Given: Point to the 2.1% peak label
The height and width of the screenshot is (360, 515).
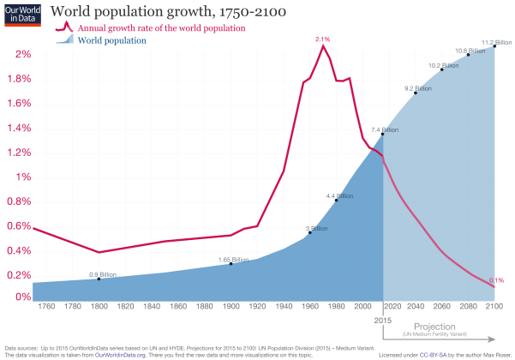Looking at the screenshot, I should pyautogui.click(x=323, y=39).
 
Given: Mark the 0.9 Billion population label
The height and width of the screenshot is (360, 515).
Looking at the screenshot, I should pyautogui.click(x=103, y=274).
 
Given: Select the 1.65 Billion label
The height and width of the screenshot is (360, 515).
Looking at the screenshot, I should pyautogui.click(x=233, y=259).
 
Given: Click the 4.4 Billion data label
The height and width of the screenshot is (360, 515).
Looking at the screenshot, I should pyautogui.click(x=340, y=195).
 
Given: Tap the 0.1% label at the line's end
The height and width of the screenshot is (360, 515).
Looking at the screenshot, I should pyautogui.click(x=496, y=280).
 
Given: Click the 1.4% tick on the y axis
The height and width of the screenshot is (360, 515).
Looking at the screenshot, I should pyautogui.click(x=19, y=128).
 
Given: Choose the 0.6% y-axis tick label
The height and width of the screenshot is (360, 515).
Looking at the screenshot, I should pyautogui.click(x=19, y=225).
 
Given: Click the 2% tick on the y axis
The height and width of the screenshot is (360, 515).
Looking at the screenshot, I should pyautogui.click(x=22, y=54).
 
